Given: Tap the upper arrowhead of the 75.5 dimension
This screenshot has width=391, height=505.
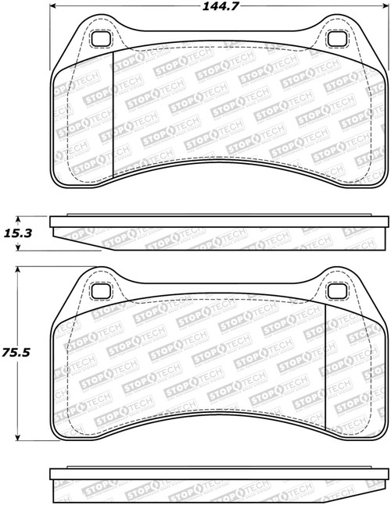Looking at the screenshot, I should pos(17,270).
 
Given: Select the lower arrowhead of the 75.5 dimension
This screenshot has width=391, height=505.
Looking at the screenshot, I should pos(17,439).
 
